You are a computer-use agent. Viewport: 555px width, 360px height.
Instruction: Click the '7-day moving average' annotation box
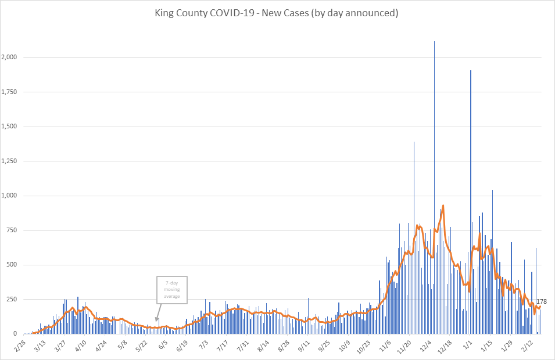tap(171, 289)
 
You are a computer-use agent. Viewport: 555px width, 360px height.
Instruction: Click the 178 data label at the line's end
tap(541, 301)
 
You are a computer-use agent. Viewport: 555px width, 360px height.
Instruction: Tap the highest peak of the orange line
tap(443, 206)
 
